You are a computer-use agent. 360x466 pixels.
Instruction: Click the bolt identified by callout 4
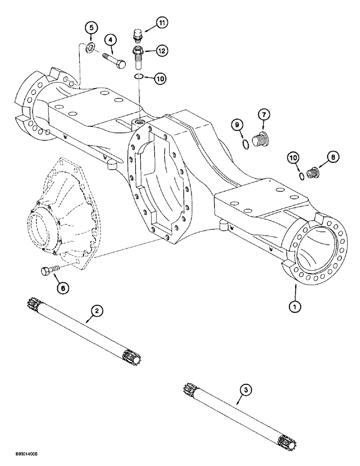pyautogui.click(x=113, y=60)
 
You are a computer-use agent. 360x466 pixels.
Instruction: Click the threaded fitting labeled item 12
pyautogui.click(x=139, y=57)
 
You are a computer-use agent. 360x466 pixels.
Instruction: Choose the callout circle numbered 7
pyautogui.click(x=263, y=114)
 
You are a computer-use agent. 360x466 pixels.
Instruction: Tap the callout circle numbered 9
pyautogui.click(x=237, y=124)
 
